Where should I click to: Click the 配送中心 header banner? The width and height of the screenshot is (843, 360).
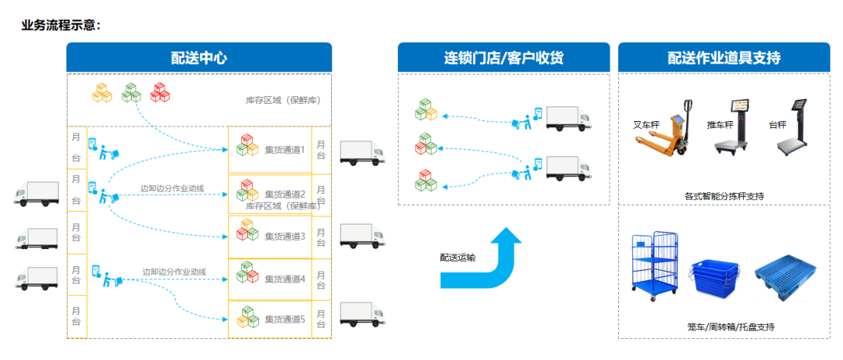click(199, 58)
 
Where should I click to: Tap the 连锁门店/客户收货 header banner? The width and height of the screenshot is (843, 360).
click(503, 58)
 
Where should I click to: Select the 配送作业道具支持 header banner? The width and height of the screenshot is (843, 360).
click(724, 58)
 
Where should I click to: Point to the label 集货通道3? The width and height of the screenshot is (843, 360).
click(285, 236)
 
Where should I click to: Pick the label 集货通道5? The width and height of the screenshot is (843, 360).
click(285, 319)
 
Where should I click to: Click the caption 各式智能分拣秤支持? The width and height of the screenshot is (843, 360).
click(724, 196)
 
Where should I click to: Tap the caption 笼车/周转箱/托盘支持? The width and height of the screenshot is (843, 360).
click(724, 326)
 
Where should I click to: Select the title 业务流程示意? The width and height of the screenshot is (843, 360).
click(61, 25)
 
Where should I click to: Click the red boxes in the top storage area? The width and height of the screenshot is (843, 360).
click(161, 92)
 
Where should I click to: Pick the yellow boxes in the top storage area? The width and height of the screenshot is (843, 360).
click(102, 92)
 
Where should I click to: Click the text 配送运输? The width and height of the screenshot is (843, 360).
click(457, 257)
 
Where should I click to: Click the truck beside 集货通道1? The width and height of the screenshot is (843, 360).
click(363, 152)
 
